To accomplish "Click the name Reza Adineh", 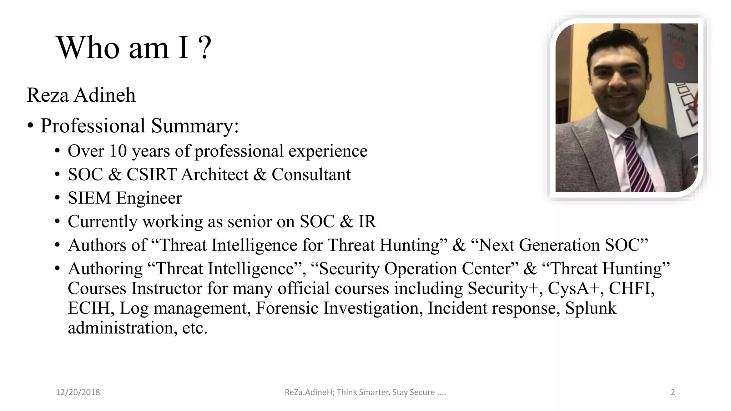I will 81,95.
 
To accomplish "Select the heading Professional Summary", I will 139,126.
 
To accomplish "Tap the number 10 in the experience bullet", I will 118,151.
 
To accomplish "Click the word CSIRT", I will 151,175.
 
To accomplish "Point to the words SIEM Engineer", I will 125,198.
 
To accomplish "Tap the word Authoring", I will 105,269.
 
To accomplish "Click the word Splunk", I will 591,308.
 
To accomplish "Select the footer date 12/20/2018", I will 78,392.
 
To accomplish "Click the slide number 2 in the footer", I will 673,392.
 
